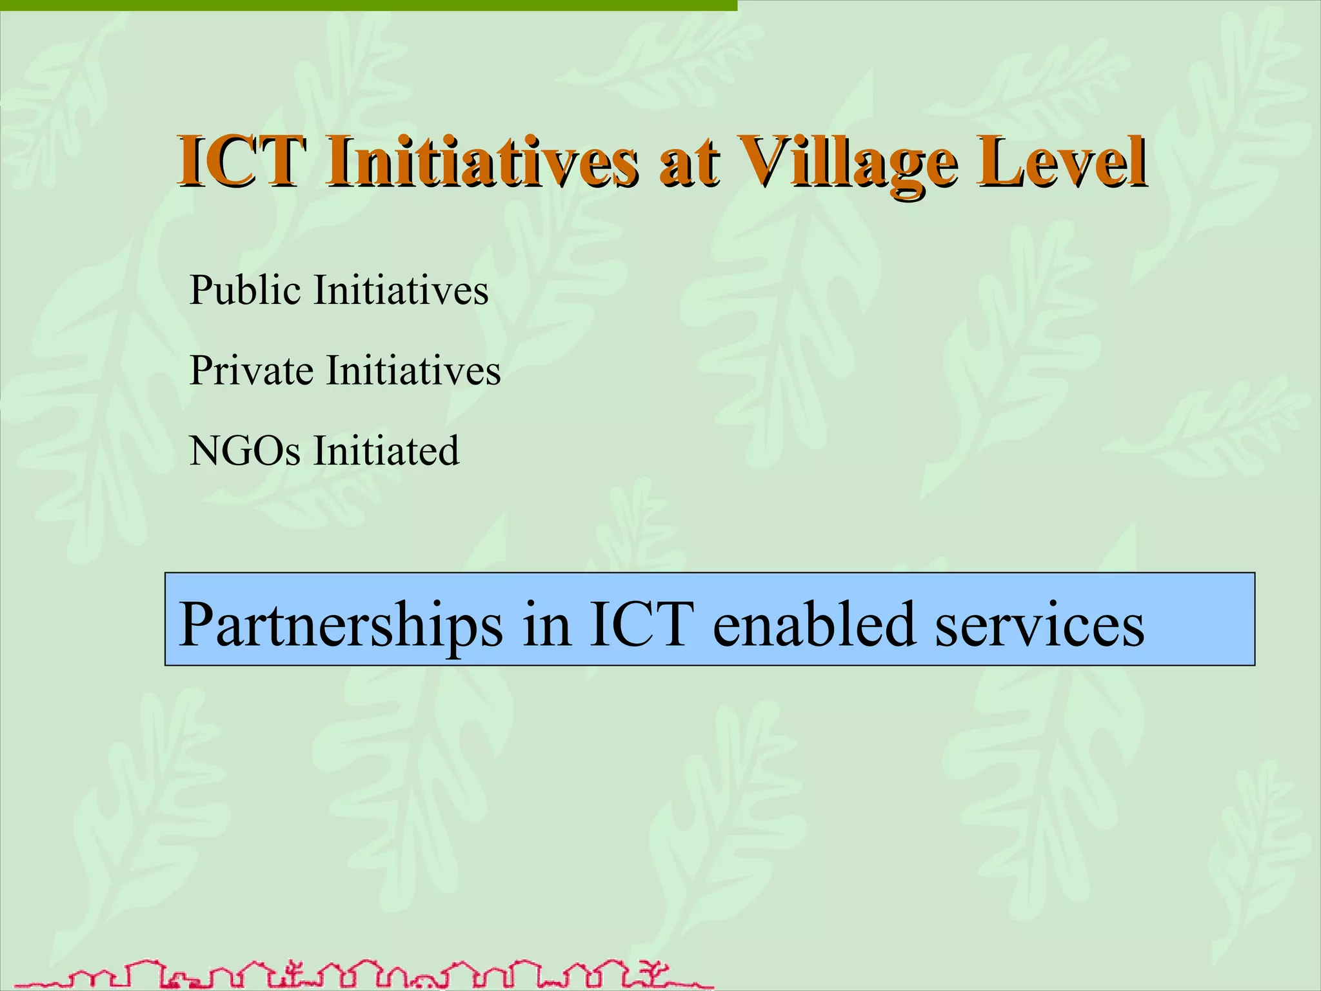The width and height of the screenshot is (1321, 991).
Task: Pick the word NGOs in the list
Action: [x=244, y=450]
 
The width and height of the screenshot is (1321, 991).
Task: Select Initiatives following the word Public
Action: [x=401, y=290]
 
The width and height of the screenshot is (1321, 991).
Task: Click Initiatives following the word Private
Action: [x=413, y=371]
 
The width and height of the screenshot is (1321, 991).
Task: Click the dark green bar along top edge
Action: [x=368, y=5]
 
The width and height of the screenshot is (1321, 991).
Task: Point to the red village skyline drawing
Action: [x=361, y=974]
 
